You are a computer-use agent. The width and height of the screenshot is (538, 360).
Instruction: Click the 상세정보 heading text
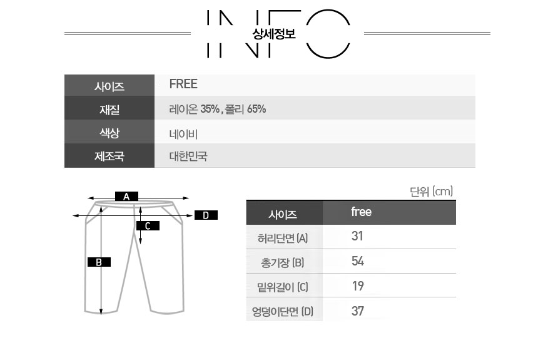pyautogui.click(x=274, y=33)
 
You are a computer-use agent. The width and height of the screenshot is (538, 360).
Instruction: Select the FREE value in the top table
pyautogui.click(x=183, y=84)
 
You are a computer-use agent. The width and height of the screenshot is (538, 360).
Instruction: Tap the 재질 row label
pyautogui.click(x=109, y=110)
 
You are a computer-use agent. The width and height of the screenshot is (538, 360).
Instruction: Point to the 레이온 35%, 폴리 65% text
pyautogui.click(x=218, y=109)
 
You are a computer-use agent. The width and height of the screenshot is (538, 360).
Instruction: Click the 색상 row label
pyautogui.click(x=109, y=133)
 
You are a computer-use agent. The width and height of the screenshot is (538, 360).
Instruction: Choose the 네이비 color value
pyautogui.click(x=183, y=134)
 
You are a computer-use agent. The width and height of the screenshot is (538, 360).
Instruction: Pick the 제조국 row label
pyautogui.click(x=109, y=157)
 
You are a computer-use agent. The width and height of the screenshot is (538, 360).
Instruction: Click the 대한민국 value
pyautogui.click(x=188, y=157)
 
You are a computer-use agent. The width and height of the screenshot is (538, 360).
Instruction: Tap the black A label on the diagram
pyautogui.click(x=126, y=197)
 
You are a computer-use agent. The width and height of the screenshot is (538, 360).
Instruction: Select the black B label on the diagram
pyautogui.click(x=99, y=262)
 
